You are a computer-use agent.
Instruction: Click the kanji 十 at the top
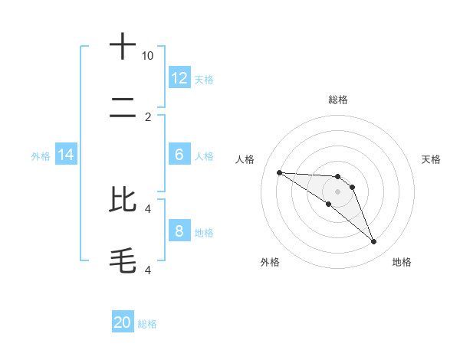coord(123,47)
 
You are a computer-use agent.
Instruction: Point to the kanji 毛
coord(123,260)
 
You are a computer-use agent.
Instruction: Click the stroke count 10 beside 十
coord(148,56)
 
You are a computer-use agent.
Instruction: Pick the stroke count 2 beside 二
coord(148,117)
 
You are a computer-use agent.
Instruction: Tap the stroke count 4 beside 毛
coord(148,270)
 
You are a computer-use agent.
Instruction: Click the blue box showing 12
coord(179,78)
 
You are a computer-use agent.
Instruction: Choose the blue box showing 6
coord(179,155)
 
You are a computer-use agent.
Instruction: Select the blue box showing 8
coord(179,231)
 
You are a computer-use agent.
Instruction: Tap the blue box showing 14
coord(66,155)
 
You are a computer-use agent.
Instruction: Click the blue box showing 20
coord(123,322)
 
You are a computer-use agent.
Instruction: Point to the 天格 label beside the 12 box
coord(204,80)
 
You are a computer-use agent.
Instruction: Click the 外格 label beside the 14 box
coord(41,156)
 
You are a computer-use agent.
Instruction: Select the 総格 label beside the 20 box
coord(147,324)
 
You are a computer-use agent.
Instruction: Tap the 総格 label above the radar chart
coord(337,100)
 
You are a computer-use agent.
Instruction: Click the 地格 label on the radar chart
coord(402,262)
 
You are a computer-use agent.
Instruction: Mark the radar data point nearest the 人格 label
coord(279,172)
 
